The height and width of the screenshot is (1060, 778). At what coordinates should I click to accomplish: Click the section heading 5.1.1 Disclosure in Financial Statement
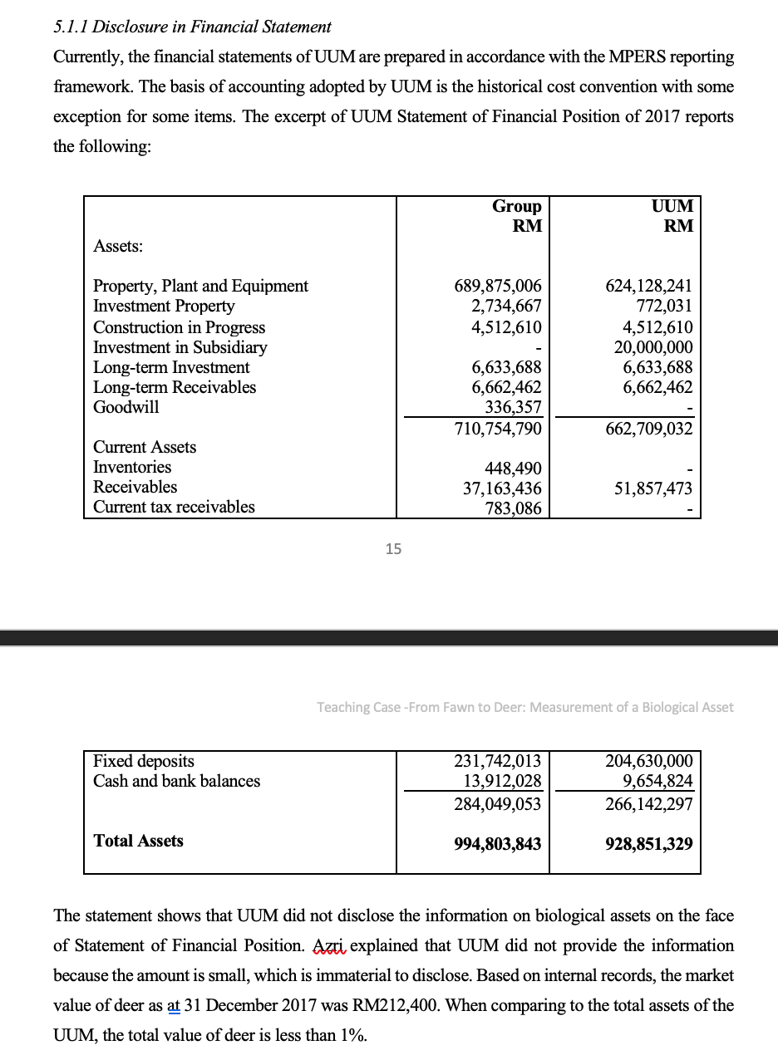[192, 27]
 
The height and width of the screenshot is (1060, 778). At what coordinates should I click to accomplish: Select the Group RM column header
[516, 215]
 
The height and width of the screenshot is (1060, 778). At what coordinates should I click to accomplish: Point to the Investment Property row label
[164, 307]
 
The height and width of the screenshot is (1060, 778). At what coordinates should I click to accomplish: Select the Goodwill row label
[126, 407]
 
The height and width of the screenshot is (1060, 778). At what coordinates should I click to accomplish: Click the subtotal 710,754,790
[498, 429]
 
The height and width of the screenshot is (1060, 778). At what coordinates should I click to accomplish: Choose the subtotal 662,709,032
[651, 429]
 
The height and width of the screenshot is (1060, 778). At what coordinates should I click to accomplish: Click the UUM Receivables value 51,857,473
[653, 488]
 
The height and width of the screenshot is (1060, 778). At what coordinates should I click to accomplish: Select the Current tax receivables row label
[174, 507]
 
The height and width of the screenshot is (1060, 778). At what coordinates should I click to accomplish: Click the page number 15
[393, 548]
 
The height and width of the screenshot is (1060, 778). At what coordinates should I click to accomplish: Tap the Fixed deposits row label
[144, 761]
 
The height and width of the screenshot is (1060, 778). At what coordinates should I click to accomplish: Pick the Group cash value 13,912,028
[502, 781]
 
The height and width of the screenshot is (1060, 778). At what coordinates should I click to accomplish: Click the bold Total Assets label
[139, 841]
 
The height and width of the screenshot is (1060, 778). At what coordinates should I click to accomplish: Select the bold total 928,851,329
[649, 844]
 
